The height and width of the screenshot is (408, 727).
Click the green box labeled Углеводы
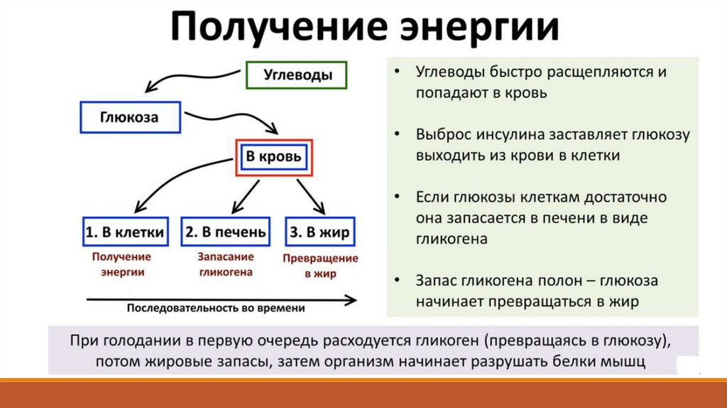297,74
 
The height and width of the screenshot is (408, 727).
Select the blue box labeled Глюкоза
130,117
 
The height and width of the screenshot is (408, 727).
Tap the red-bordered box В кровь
273,156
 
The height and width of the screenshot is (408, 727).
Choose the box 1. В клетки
125,232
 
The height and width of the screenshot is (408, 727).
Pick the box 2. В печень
226,232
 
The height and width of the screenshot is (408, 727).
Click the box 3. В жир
319,232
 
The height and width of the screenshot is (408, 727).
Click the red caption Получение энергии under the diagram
120,264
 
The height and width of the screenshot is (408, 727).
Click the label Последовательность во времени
216,308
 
